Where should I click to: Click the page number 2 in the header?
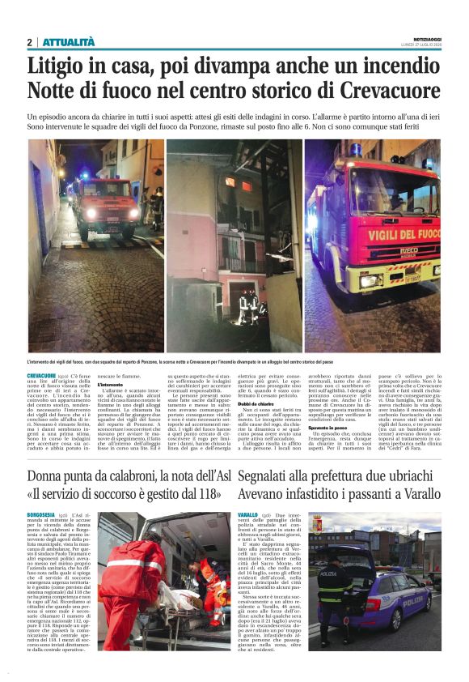click(x=29, y=42)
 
